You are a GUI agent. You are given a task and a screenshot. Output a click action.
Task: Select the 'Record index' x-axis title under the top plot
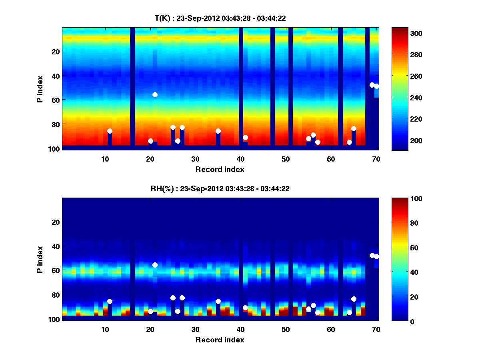(220, 169)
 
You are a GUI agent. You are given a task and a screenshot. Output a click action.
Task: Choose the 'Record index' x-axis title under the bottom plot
(220, 340)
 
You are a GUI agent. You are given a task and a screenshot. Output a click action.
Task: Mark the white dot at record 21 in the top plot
(155, 94)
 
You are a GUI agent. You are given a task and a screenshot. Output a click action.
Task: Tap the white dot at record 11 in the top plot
(110, 131)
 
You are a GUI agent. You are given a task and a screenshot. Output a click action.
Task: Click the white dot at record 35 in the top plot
(218, 131)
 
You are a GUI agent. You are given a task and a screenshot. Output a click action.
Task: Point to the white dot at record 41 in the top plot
(245, 137)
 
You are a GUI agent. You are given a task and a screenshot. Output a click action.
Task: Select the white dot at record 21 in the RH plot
(155, 265)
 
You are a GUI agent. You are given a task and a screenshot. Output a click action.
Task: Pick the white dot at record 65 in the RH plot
(354, 299)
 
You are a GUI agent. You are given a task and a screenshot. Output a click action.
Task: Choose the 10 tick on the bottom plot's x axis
(105, 329)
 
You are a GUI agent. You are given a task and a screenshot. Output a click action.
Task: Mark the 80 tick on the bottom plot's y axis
(55, 295)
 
